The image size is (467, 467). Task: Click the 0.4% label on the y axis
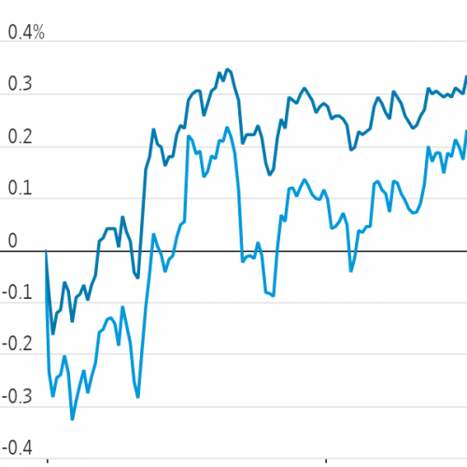(26, 33)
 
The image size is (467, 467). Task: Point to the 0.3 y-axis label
(20, 84)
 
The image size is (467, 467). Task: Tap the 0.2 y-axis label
(20, 136)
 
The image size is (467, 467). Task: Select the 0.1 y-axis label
(20, 188)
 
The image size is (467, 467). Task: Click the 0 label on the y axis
(12, 241)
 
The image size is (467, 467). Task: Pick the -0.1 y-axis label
(17, 292)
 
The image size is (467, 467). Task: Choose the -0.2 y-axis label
(17, 344)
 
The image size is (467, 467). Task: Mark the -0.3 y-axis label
(17, 397)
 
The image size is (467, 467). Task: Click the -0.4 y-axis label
(17, 448)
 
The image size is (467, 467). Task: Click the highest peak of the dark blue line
(228, 69)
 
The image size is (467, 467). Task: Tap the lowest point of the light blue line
(72, 419)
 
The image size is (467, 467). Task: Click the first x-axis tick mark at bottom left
(48, 460)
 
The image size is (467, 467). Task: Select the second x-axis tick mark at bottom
(326, 460)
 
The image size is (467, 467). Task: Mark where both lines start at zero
(46, 250)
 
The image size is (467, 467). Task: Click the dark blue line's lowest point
(53, 334)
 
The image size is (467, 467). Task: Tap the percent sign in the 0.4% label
(38, 33)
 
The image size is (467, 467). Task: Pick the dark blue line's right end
(466, 76)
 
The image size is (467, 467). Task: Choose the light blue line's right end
(466, 130)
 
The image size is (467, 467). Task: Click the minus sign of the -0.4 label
(5, 449)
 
